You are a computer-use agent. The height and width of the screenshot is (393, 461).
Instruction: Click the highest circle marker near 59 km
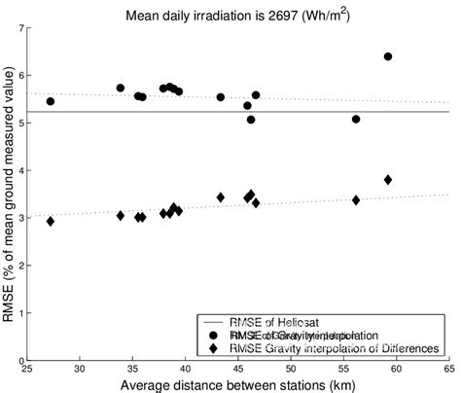(388, 56)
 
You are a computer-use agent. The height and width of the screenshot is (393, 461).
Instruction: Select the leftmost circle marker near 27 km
(51, 101)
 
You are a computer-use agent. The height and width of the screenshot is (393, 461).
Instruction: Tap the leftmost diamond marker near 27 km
(51, 221)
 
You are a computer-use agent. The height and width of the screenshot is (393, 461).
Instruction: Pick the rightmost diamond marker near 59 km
(388, 180)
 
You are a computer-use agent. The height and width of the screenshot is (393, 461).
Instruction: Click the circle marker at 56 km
(356, 120)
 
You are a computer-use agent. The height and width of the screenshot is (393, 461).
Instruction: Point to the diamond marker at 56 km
(356, 200)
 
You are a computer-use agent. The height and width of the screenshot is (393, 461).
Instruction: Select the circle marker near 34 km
(121, 89)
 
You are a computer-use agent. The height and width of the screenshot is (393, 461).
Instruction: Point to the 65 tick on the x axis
(448, 370)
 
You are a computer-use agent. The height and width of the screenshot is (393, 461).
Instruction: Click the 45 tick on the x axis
(237, 370)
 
